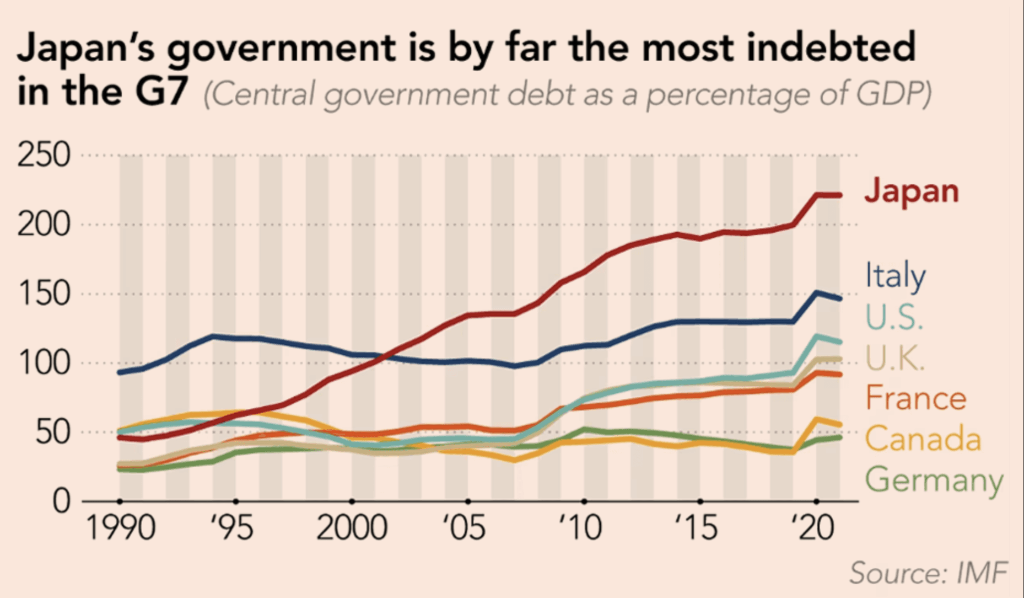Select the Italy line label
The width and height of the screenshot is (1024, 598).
tap(895, 275)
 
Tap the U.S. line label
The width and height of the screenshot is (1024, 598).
tap(894, 317)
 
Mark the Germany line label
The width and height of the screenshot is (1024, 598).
tap(934, 480)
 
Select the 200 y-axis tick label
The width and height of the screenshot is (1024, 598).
tap(44, 225)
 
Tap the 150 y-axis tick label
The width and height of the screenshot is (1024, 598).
tap(44, 293)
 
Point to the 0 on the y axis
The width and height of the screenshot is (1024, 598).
tap(61, 501)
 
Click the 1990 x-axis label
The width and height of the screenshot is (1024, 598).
tap(121, 528)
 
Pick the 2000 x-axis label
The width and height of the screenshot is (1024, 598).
tap(352, 528)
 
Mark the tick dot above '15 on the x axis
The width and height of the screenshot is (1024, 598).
tap(700, 501)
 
